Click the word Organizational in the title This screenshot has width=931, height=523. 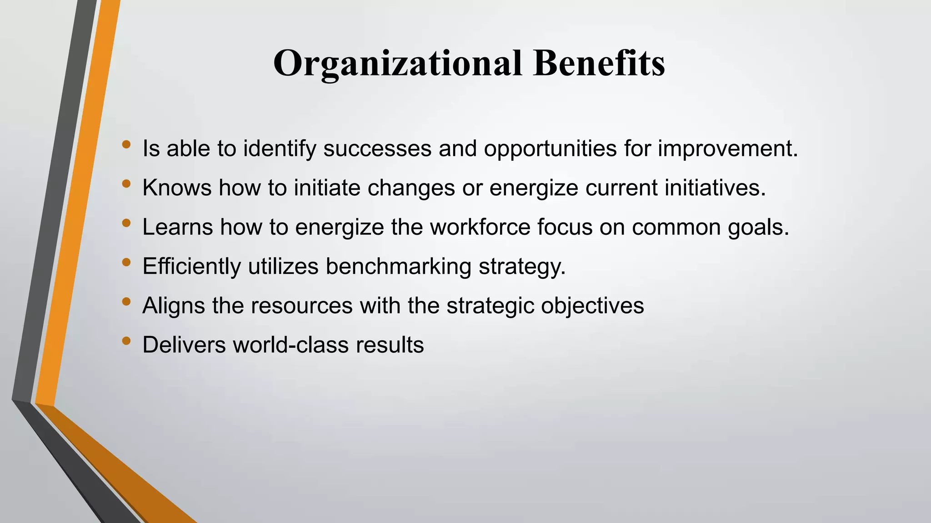[x=397, y=64]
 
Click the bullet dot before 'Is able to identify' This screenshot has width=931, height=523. [x=126, y=145]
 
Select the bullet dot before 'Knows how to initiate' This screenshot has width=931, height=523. [x=126, y=184]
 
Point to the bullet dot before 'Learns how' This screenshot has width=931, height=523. [x=126, y=223]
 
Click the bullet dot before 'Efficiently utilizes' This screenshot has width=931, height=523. [x=126, y=262]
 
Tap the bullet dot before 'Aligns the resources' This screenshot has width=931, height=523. [x=126, y=301]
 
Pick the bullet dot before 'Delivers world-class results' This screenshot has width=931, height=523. [x=126, y=340]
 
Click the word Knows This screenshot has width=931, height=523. [x=177, y=187]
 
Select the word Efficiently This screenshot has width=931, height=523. [x=191, y=266]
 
